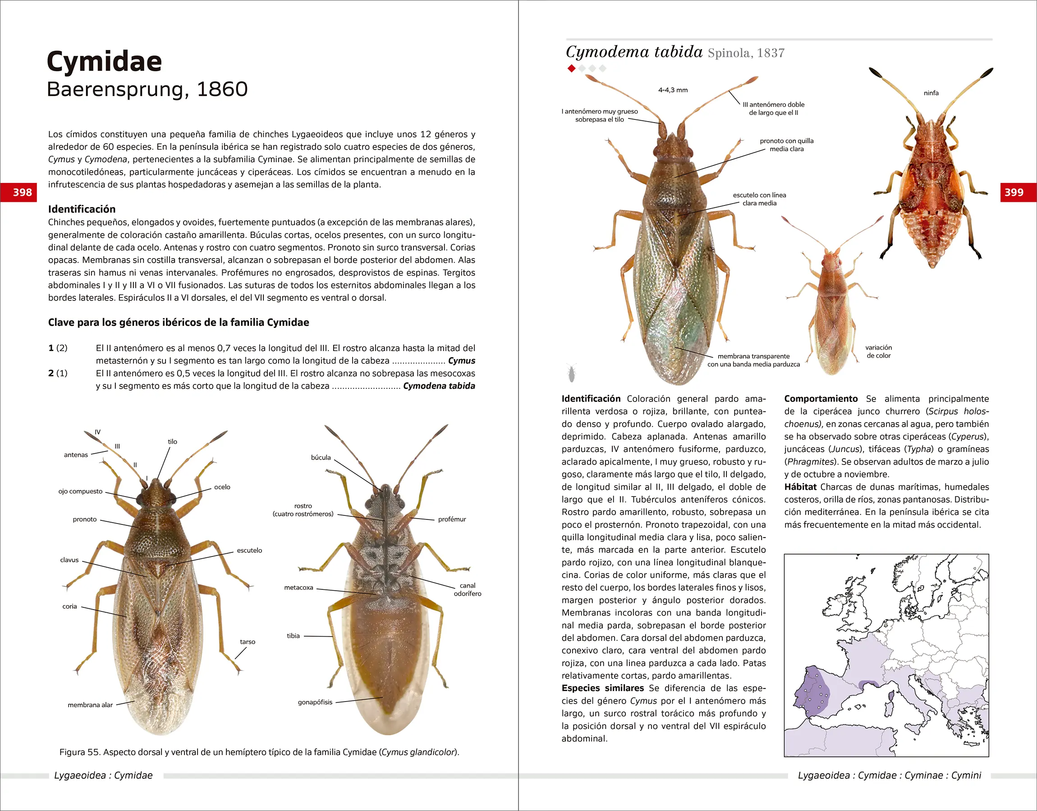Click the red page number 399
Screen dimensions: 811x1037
(1014, 192)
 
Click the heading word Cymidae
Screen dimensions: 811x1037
(105, 62)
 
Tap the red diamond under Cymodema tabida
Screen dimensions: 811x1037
(571, 69)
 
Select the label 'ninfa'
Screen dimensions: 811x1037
(931, 93)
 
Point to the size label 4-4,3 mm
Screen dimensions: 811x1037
(673, 90)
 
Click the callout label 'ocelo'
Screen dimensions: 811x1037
(222, 487)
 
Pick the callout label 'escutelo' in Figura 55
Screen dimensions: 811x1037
(249, 550)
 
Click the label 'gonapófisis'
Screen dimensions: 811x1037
(315, 702)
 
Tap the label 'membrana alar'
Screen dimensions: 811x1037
(90, 705)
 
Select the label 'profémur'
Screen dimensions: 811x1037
(452, 519)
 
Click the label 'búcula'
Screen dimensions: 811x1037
(321, 457)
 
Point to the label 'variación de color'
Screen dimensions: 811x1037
(878, 351)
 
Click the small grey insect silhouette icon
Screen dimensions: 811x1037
(571, 373)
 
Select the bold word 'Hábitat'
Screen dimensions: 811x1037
(800, 487)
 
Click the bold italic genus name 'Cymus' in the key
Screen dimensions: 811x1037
(461, 361)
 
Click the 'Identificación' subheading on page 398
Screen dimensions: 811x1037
(82, 209)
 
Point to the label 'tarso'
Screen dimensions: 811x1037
(248, 642)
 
